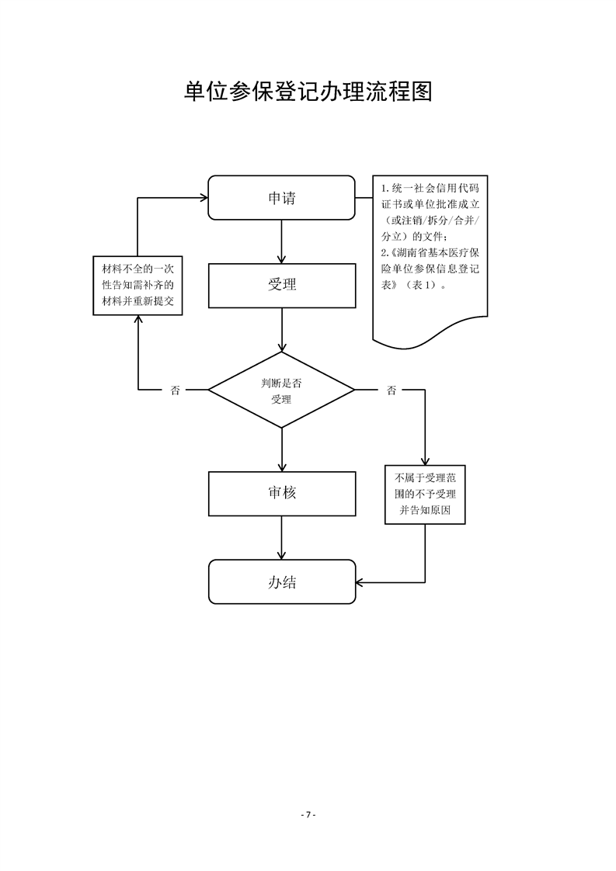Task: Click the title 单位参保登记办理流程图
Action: coord(308,92)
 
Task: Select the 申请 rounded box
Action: coord(281,198)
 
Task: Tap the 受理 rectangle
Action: coord(281,284)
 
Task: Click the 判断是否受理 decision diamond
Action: coord(281,390)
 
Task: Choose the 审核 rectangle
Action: coord(281,492)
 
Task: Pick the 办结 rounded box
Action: coord(281,581)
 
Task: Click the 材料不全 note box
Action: coord(138,286)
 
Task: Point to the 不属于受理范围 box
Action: coord(425,494)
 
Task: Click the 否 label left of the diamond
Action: coord(175,390)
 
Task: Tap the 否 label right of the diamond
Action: coord(391,390)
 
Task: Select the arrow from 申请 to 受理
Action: coord(281,241)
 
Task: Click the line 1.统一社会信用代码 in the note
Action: coord(429,189)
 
